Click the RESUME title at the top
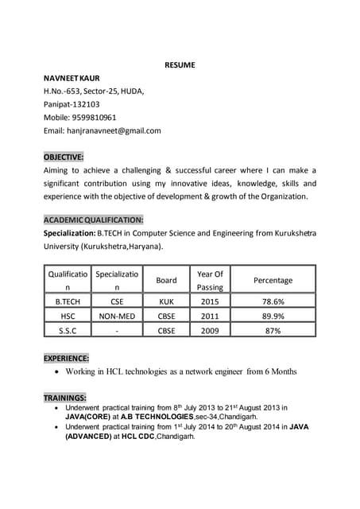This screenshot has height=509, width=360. tap(180, 64)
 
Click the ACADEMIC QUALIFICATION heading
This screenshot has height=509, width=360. tap(94, 219)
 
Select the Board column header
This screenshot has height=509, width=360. tap(166, 280)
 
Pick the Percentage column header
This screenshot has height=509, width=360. tap(273, 280)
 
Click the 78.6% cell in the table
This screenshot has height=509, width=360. tap(273, 302)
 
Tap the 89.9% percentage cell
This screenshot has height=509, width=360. tap(273, 316)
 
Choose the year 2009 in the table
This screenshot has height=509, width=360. tap(210, 330)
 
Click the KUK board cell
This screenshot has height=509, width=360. tap(166, 302)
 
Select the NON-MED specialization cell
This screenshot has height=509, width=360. tap(117, 316)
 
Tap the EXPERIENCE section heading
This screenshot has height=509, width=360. tap(67, 358)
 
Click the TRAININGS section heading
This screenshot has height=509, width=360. tap(65, 397)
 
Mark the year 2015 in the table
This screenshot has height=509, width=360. tap(210, 302)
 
